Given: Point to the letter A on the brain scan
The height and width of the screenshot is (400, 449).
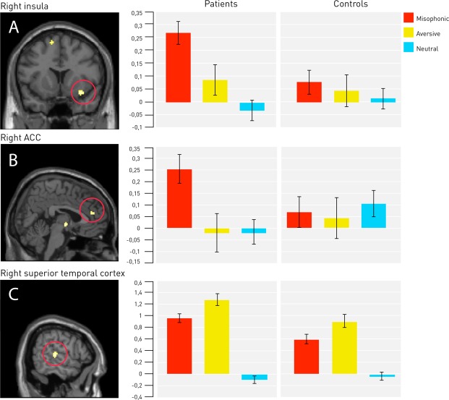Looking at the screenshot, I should [x=12, y=26].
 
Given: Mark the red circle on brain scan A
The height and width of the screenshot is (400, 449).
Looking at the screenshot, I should [x=83, y=93].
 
